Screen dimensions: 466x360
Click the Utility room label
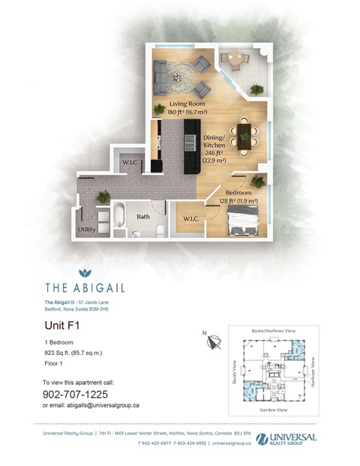86,230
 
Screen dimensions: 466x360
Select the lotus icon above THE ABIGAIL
85,274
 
